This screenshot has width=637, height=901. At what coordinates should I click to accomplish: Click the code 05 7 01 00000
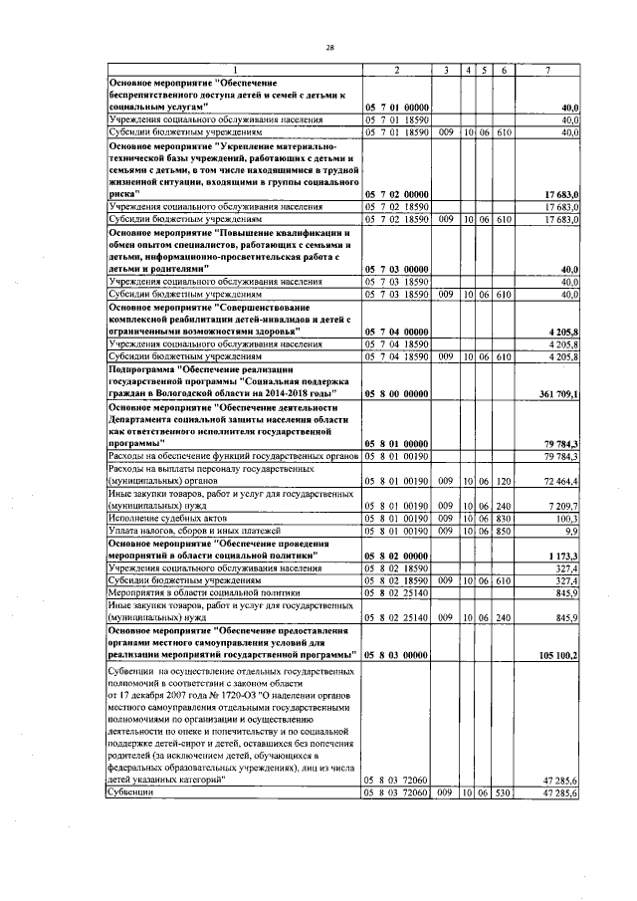pyautogui.click(x=395, y=107)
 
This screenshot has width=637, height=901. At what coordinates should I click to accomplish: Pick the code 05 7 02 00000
pyautogui.click(x=395, y=194)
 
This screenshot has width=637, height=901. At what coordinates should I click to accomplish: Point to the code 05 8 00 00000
pyautogui.click(x=395, y=395)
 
